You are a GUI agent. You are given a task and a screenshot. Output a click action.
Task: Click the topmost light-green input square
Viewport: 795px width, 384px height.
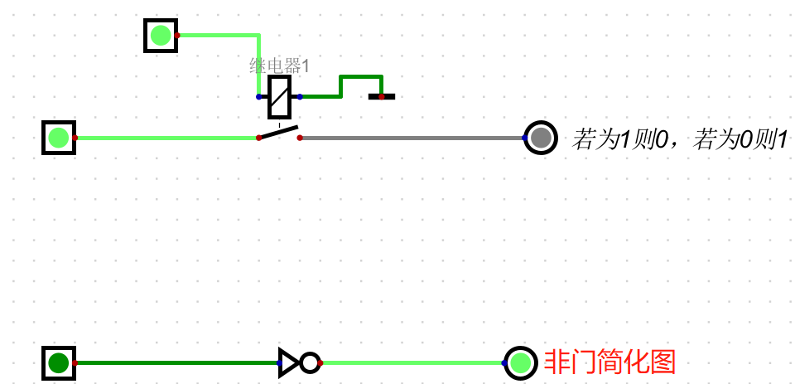tap(161, 36)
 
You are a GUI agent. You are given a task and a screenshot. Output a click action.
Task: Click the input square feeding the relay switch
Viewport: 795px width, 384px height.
tap(59, 138)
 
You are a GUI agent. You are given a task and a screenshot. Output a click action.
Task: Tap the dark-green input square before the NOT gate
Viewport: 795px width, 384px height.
tap(59, 362)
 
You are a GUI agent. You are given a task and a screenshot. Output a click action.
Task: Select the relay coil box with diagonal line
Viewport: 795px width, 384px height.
tap(279, 97)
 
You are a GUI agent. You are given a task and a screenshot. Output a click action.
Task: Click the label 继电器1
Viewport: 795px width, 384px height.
tap(279, 66)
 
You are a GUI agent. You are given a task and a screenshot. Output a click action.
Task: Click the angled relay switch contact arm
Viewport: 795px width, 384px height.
tap(279, 133)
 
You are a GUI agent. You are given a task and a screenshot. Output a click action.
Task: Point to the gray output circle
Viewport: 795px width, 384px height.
tap(541, 138)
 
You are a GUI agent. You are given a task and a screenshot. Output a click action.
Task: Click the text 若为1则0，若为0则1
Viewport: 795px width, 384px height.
tap(679, 139)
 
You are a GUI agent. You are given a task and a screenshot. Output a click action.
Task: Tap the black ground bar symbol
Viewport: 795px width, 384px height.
tap(382, 97)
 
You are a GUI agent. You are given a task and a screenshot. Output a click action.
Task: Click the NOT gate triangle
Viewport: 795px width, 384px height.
tap(288, 362)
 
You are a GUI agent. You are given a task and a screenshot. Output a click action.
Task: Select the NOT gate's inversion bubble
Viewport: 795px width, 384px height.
tap(310, 362)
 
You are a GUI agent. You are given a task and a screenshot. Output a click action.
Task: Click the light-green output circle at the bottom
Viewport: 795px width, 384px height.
tap(520, 362)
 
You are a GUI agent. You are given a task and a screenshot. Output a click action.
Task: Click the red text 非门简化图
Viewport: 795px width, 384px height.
tap(609, 362)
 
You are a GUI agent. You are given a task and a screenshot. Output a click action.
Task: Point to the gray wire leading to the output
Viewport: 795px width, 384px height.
tap(414, 138)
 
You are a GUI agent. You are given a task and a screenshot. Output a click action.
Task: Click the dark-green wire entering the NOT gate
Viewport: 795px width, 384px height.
tap(174, 362)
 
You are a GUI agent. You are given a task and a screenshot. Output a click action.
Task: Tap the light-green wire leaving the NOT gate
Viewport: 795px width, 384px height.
tap(414, 362)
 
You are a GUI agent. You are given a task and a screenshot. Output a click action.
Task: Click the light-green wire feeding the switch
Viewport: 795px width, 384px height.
tap(166, 138)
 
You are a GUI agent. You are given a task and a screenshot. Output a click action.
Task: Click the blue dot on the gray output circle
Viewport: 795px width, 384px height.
tap(525, 138)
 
